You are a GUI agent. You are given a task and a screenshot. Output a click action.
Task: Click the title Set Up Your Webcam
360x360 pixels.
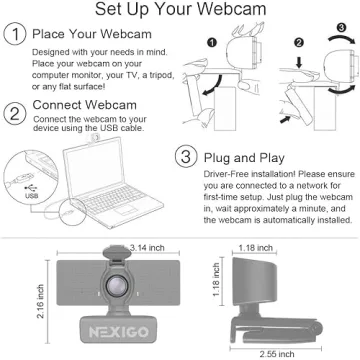pyautogui.click(x=180, y=11)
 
